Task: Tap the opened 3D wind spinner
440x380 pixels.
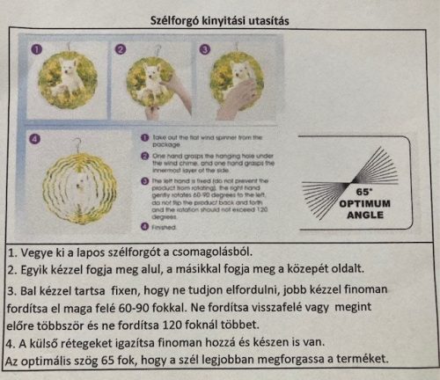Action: pos(80,186)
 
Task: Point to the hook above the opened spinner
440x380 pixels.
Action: pos(77,141)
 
